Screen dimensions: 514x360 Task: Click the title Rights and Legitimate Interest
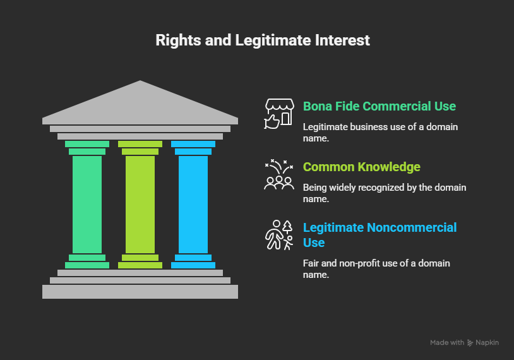click(x=263, y=40)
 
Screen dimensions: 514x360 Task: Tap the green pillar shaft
click(x=87, y=203)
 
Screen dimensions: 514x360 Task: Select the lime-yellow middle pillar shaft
click(x=140, y=203)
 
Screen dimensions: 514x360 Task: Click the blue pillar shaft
click(x=193, y=203)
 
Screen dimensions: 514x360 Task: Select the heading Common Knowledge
click(x=361, y=167)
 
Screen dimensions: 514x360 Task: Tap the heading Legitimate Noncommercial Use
click(x=380, y=235)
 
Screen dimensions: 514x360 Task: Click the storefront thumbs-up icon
click(x=278, y=114)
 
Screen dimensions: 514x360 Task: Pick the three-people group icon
click(x=278, y=176)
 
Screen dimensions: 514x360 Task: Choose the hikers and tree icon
click(x=278, y=235)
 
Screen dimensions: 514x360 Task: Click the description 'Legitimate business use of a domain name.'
click(x=380, y=132)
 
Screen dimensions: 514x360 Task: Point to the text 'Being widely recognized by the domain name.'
click(x=384, y=193)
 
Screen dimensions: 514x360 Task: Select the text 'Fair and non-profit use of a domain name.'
click(x=376, y=268)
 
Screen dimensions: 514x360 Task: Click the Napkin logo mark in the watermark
click(x=470, y=343)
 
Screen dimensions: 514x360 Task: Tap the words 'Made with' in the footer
click(x=446, y=343)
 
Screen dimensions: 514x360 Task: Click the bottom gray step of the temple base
click(x=140, y=291)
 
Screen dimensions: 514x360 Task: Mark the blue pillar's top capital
click(x=193, y=147)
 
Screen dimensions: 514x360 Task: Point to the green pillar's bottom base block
click(x=87, y=261)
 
